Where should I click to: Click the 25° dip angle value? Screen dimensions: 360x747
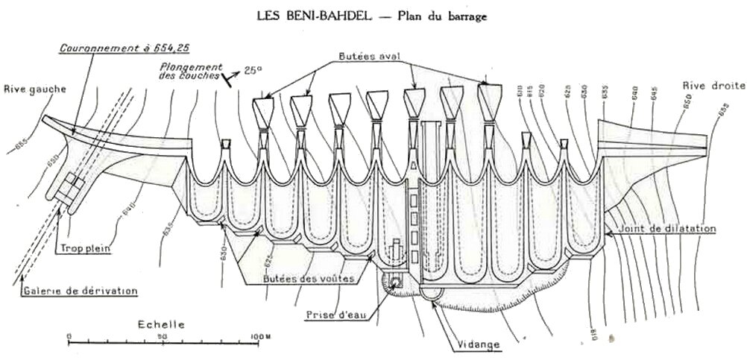[x=254, y=70]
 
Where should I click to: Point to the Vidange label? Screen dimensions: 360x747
[x=475, y=344]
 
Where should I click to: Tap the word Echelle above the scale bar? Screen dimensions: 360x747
[x=161, y=325]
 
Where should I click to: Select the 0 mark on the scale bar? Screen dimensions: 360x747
[x=69, y=336]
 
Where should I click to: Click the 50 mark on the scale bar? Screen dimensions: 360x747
[x=162, y=336]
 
